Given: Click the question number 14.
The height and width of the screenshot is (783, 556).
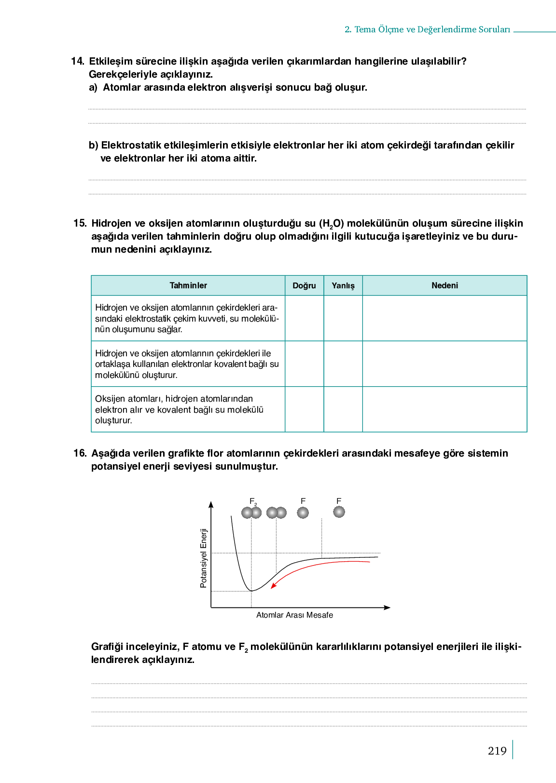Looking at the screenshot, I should click(77, 61).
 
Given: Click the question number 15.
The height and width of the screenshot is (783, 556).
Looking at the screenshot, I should click(80, 223).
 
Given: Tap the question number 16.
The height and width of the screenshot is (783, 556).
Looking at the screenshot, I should click(80, 453).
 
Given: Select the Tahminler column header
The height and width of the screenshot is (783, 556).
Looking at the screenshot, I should click(188, 285).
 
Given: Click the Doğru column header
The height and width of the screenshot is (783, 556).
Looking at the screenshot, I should click(304, 285).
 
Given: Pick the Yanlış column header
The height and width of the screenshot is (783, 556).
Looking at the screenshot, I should click(343, 285).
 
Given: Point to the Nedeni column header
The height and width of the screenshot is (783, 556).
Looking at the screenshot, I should click(445, 285).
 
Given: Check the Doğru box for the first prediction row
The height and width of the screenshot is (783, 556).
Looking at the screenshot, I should click(304, 318).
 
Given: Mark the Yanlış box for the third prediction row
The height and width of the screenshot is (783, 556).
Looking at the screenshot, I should click(343, 409).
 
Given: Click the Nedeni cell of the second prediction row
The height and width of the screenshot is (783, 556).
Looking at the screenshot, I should click(445, 364).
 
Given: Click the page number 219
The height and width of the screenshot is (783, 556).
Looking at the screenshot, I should click(497, 751).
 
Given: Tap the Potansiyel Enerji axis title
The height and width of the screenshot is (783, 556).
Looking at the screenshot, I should click(204, 558).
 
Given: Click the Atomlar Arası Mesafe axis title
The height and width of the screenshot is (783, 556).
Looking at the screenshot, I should click(294, 615).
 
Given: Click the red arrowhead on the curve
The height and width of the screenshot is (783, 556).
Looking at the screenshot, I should click(273, 586).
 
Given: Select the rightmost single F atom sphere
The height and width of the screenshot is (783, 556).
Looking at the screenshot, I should click(339, 512).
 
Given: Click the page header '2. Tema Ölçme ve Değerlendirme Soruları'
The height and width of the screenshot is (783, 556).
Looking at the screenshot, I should click(427, 29).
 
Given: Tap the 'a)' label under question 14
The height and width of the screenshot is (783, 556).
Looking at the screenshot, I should click(93, 87).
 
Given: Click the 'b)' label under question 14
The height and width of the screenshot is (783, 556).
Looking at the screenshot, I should click(94, 145).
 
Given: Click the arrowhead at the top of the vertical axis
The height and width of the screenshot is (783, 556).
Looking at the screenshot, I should click(211, 504).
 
